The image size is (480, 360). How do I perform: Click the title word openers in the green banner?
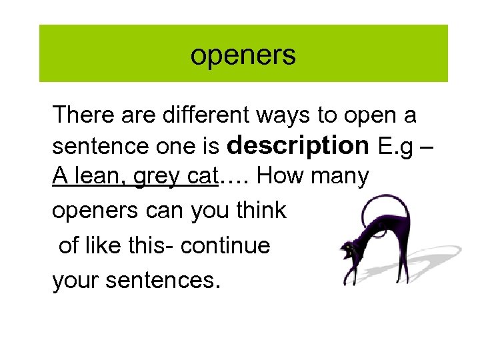tap(243, 55)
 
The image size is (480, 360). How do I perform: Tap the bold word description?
tap(297, 145)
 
